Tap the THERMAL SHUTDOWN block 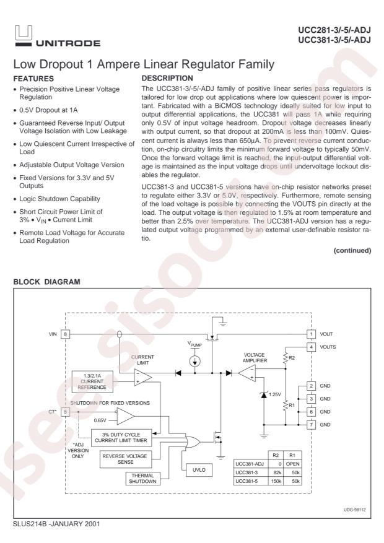[141, 480]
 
